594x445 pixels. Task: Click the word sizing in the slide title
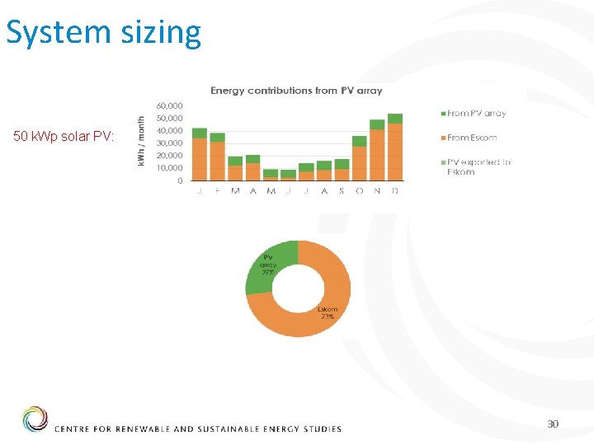[158, 33]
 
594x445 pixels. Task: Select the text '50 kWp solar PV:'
[64, 136]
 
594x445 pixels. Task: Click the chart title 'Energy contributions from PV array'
[296, 91]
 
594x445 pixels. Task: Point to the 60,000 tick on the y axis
[169, 105]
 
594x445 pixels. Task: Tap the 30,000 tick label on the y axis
[169, 143]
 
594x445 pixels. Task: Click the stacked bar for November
[377, 151]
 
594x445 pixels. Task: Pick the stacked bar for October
[360, 158]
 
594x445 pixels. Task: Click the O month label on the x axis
[360, 190]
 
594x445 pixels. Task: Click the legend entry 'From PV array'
[476, 114]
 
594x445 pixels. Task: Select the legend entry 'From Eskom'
[472, 138]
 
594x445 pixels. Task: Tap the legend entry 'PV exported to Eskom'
[478, 166]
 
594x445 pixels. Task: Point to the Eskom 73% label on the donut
[328, 313]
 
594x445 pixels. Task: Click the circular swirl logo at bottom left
[35, 419]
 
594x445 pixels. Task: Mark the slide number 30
[552, 424]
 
